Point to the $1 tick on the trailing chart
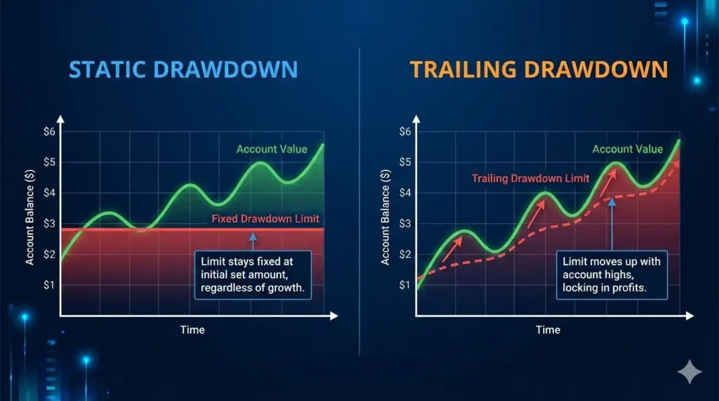404,285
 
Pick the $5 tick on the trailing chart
404,162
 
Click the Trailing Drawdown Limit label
530,178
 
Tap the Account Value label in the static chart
271,149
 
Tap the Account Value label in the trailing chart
627,149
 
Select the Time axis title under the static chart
192,329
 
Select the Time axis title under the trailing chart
548,329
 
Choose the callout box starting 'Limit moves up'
611,274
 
